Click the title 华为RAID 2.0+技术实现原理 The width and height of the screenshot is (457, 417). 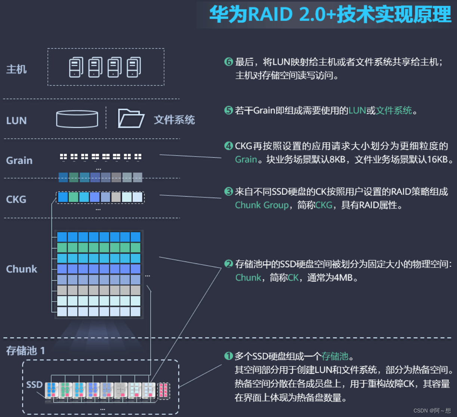(x=330, y=15)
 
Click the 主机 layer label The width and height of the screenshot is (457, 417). (x=16, y=69)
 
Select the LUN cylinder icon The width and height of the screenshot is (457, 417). (x=77, y=119)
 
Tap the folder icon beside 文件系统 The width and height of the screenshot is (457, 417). (x=131, y=118)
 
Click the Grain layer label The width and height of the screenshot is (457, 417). (x=19, y=161)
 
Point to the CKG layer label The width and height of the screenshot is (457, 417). (x=16, y=200)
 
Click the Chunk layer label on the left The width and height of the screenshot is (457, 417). (x=22, y=269)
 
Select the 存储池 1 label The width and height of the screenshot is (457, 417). (x=25, y=351)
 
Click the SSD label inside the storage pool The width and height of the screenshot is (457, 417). (x=34, y=384)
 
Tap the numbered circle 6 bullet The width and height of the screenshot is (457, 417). (x=229, y=62)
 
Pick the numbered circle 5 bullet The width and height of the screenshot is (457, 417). (x=229, y=110)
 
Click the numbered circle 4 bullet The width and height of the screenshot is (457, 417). (x=229, y=146)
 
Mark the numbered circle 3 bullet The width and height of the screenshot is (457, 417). (x=229, y=192)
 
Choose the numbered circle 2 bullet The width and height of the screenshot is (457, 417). (x=229, y=264)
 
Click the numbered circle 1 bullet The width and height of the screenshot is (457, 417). (x=229, y=356)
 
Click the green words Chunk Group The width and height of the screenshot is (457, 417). (x=262, y=205)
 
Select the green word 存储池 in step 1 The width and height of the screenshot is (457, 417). (x=335, y=356)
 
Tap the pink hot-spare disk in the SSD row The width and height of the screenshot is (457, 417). (x=163, y=390)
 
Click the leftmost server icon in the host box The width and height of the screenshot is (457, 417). (x=76, y=67)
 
